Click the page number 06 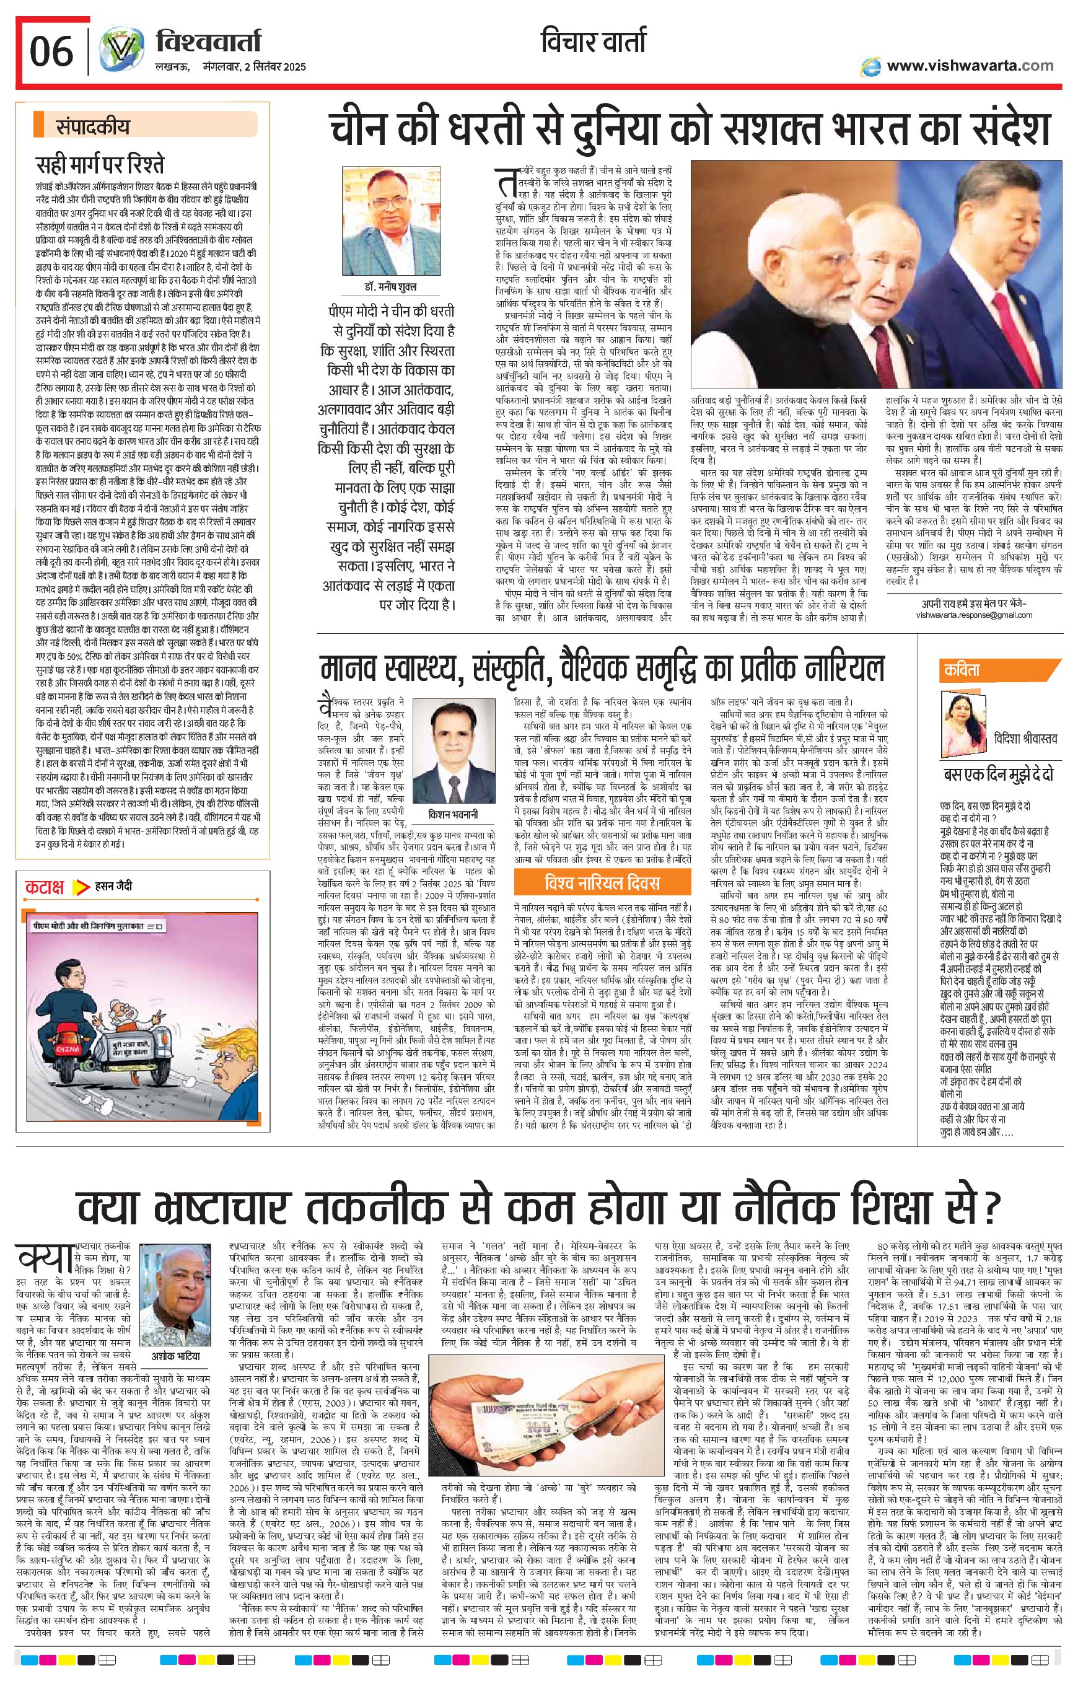pos(51,50)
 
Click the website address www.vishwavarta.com pos(970,66)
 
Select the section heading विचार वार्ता pos(594,43)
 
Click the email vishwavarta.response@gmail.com pos(974,615)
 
